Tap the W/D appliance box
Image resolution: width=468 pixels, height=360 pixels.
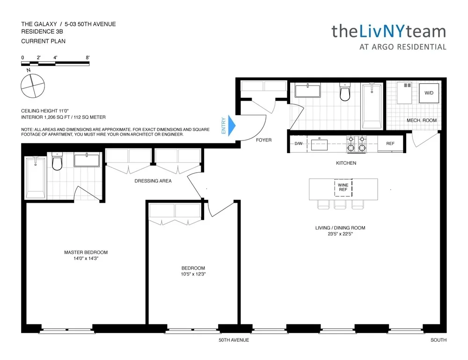coord(428,94)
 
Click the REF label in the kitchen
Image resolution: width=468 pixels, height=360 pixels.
coord(390,144)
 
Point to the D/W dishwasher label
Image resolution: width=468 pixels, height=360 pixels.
coord(299,144)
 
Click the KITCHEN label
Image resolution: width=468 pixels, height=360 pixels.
coord(346,163)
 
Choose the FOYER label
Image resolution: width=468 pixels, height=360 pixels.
coord(264,140)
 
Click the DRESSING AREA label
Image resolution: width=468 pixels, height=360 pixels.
coord(153,181)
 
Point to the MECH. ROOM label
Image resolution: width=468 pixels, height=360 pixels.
coord(421,120)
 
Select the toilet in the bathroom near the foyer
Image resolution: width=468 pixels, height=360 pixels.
coord(345,93)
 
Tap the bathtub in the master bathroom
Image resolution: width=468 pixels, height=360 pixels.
coord(35,177)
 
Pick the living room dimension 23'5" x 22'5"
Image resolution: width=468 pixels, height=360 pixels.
coord(340,234)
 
